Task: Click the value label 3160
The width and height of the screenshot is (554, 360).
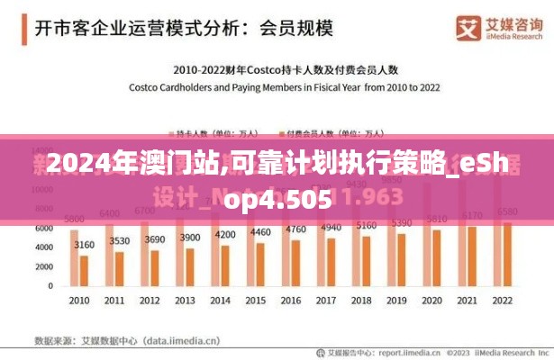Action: click(85, 244)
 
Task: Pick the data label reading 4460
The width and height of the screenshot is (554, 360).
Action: click(260, 231)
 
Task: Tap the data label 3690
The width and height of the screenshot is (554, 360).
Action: click(155, 239)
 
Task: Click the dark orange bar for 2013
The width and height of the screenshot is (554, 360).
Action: click(190, 266)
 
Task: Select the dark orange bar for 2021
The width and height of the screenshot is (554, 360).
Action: click(472, 256)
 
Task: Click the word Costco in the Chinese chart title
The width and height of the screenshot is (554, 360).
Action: click(266, 68)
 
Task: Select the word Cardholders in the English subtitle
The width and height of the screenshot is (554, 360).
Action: click(193, 86)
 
